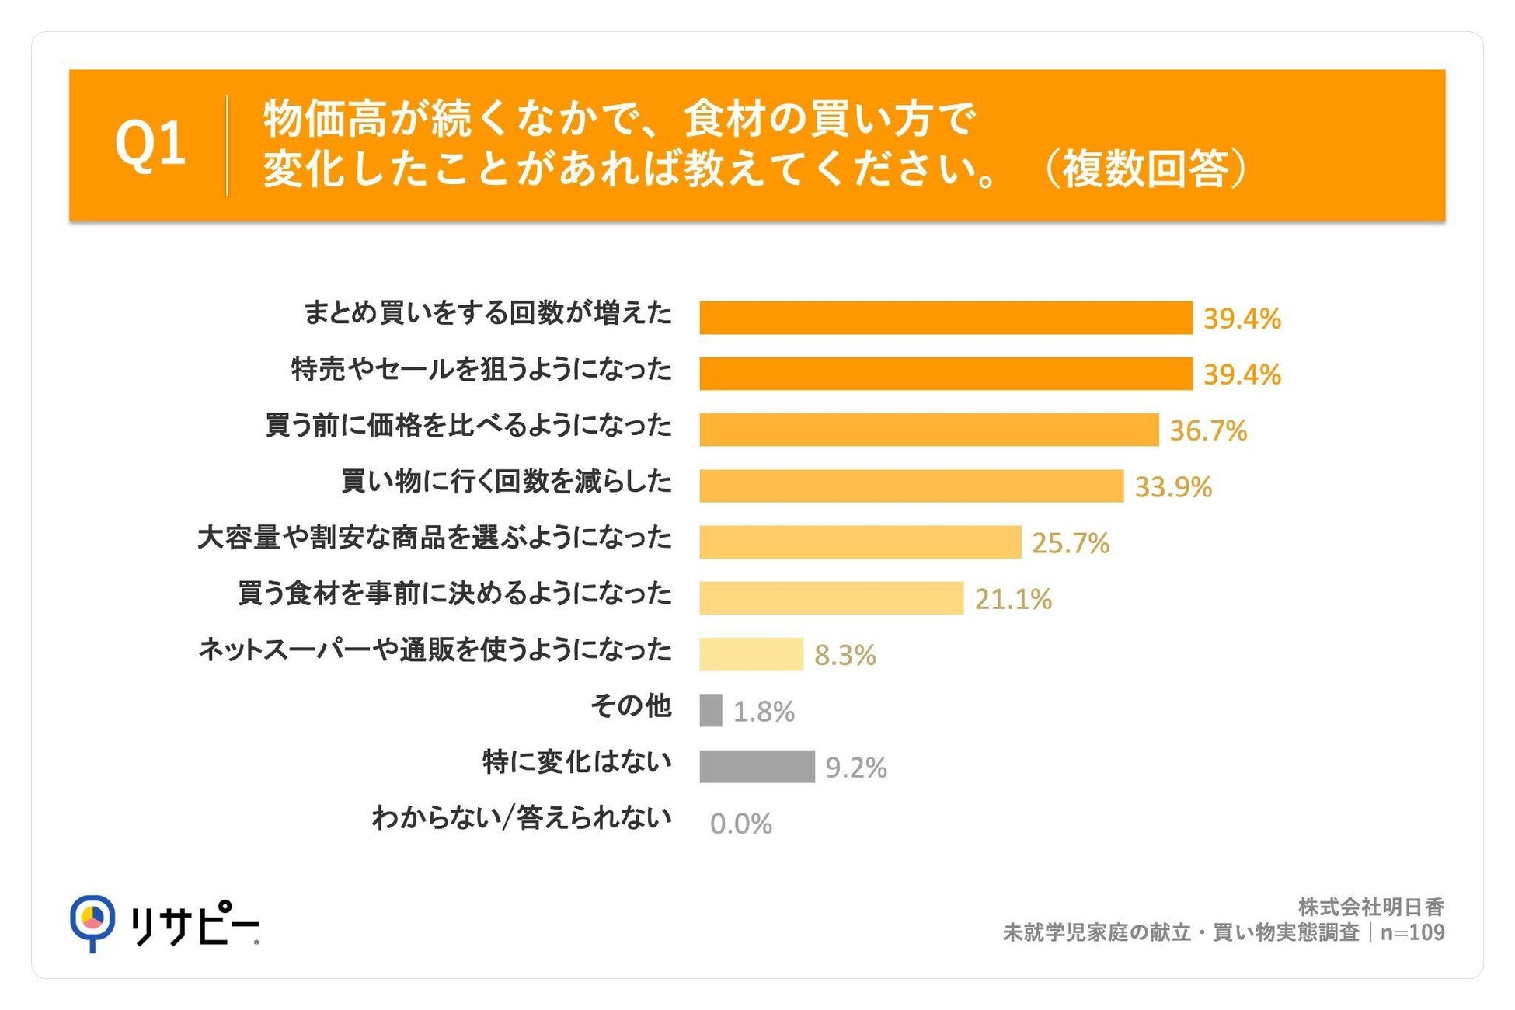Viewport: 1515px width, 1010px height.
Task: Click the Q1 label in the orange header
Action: pyautogui.click(x=150, y=145)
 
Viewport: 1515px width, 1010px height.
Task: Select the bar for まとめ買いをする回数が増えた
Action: pyautogui.click(x=946, y=318)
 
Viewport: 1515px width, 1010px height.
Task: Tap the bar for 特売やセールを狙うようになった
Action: pyautogui.click(x=946, y=374)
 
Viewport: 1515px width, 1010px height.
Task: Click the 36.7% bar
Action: pyautogui.click(x=928, y=430)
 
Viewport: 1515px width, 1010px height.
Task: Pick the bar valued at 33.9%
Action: pyautogui.click(x=911, y=486)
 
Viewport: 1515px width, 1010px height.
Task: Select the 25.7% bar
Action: pyautogui.click(x=860, y=542)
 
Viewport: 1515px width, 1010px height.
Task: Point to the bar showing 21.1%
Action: pyautogui.click(x=831, y=598)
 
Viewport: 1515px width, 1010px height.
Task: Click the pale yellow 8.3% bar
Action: pyautogui.click(x=751, y=654)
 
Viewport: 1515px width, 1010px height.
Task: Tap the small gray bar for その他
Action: pyautogui.click(x=711, y=710)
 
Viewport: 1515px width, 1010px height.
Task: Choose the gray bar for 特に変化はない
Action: pyautogui.click(x=757, y=766)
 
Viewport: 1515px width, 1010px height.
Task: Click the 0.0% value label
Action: pyautogui.click(x=741, y=824)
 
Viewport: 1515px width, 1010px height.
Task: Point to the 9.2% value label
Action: pyautogui.click(x=856, y=768)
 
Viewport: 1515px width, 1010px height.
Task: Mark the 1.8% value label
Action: pyautogui.click(x=764, y=712)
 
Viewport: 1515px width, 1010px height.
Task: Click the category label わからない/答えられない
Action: pyautogui.click(x=522, y=818)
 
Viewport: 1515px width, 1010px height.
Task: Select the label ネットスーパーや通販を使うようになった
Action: pyautogui.click(x=435, y=650)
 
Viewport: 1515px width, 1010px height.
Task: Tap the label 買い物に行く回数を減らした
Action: pyautogui.click(x=507, y=482)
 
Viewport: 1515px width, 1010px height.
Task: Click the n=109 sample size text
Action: pyautogui.click(x=1412, y=932)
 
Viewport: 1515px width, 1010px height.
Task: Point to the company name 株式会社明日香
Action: pyautogui.click(x=1371, y=907)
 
